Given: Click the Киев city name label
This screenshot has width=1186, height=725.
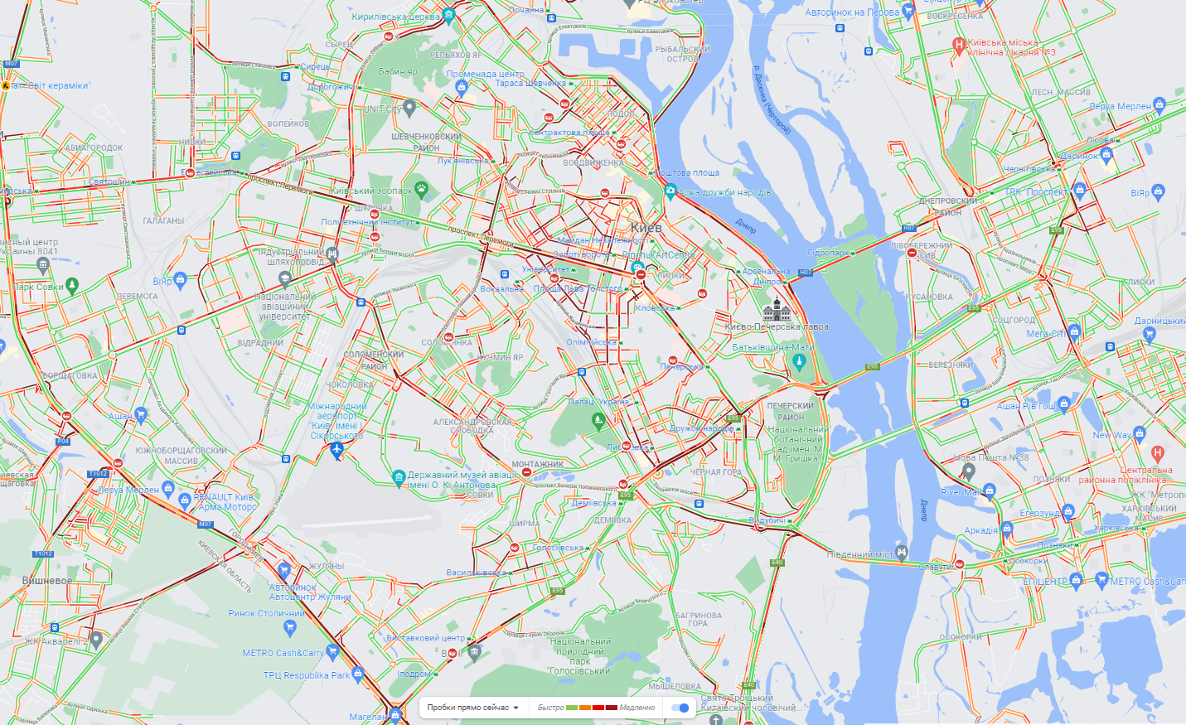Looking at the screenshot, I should coord(646,227).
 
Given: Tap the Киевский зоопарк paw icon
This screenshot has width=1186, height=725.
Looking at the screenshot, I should coord(421,188).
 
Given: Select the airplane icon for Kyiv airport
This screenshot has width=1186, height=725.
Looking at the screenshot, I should coord(336,450).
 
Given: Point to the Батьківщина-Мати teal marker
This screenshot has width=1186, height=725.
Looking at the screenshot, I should coord(799,361).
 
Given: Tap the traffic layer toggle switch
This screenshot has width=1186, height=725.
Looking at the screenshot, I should coord(680,708).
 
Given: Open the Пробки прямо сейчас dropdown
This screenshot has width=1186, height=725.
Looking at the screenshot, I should coord(472,708).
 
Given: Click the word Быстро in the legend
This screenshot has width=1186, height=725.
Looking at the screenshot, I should coord(550,708).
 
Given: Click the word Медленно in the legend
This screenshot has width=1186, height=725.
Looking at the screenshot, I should coord(637,708).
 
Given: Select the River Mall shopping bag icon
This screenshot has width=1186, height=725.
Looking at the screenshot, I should coord(989,491).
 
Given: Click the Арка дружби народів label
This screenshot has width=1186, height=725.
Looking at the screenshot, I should coord(724,192).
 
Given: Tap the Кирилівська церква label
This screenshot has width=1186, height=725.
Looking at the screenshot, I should coord(395,17).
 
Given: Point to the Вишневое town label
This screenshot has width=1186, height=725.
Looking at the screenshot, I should coord(47,580).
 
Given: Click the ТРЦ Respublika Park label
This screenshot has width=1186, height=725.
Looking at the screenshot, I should coord(307,675).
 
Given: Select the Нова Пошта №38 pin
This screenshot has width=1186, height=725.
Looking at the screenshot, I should coord(968,471).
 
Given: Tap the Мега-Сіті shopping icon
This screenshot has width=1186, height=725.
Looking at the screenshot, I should coord(1075,332).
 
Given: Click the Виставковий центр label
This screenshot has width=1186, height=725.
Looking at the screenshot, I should coord(425,638).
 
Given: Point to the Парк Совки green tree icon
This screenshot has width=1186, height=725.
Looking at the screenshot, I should coord(72,286).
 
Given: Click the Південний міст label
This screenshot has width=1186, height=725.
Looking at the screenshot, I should coord(861,554).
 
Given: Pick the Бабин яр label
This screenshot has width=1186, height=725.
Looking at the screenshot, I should coord(398,71).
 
